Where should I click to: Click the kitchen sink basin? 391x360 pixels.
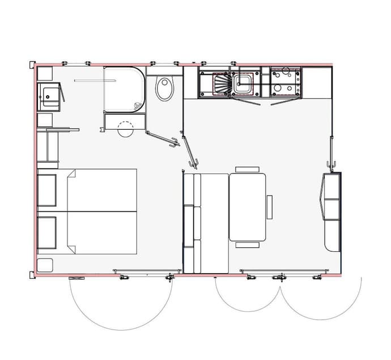point(244,84)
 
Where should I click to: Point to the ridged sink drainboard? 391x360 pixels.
point(221,84)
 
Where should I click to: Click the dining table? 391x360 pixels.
point(247,207)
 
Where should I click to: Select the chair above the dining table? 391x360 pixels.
point(247,169)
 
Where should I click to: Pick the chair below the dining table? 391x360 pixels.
point(247,245)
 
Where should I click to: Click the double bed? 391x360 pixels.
point(102,211)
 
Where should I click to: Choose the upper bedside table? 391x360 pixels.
point(46,190)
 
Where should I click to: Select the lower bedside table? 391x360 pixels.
point(46,232)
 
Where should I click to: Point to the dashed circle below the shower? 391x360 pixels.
point(124,128)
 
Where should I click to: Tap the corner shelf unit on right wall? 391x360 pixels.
point(332,211)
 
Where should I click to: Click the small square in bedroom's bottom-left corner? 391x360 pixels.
point(45,264)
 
